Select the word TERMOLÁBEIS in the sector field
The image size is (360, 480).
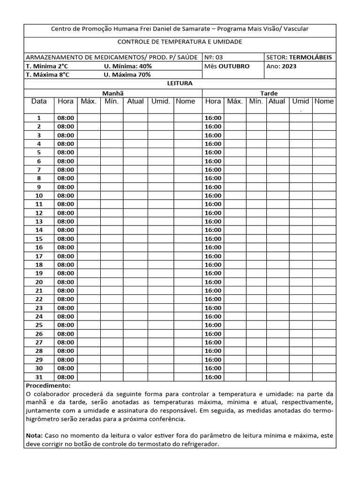pyautogui.click(x=310, y=57)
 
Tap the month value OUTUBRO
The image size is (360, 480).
pyautogui.click(x=234, y=66)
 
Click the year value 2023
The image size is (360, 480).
pyautogui.click(x=289, y=66)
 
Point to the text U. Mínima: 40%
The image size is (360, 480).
pyautogui.click(x=127, y=66)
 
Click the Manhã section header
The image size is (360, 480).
pyautogui.click(x=113, y=93)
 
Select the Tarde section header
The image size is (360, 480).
pyautogui.click(x=269, y=93)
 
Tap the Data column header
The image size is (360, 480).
pyautogui.click(x=39, y=101)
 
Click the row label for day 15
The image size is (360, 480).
pyautogui.click(x=39, y=239)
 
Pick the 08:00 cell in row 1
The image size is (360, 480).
pyautogui.click(x=66, y=118)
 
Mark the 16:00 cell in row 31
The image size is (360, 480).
pyautogui.click(x=213, y=377)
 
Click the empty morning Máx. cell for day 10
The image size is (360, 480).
pyautogui.click(x=89, y=195)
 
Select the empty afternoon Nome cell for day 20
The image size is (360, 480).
pyautogui.click(x=324, y=282)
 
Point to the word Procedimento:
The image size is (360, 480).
pyautogui.click(x=47, y=385)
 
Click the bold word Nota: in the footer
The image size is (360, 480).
pyautogui.click(x=34, y=435)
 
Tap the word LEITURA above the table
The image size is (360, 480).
pyautogui.click(x=180, y=83)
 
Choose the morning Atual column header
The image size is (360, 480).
pyautogui.click(x=135, y=101)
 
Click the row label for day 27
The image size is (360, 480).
pyautogui.click(x=39, y=342)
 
